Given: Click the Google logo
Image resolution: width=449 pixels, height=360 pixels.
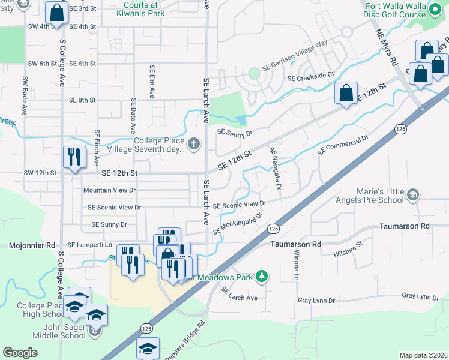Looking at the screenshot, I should [x=20, y=353].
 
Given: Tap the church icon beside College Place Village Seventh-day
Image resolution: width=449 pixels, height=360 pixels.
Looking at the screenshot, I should [x=193, y=143].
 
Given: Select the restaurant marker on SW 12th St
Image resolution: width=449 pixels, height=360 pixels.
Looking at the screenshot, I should [x=74, y=158].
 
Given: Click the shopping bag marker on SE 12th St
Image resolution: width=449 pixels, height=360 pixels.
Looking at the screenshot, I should [x=346, y=93].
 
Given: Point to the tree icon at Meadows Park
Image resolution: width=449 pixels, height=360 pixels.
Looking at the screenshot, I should [x=261, y=276].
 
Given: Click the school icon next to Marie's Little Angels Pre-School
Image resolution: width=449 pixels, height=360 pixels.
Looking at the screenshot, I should [x=412, y=194].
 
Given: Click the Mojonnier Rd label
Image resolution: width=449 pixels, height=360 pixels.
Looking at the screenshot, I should [x=32, y=245].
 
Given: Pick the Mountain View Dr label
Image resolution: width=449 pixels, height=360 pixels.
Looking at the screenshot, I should [x=110, y=190].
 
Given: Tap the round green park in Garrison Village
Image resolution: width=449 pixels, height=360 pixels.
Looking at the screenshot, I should [x=254, y=73].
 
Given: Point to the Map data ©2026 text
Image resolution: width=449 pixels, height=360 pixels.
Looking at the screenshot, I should [x=423, y=355].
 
